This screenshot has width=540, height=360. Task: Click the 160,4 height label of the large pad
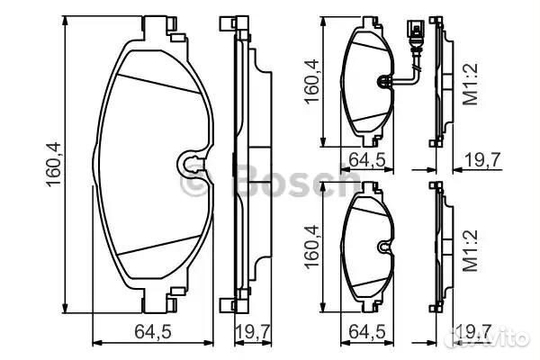53,165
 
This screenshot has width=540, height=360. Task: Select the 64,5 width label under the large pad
153,332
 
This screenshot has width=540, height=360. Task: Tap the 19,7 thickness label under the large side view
253,332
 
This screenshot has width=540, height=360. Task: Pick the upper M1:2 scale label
471,84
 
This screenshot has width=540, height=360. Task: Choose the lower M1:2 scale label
471,250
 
